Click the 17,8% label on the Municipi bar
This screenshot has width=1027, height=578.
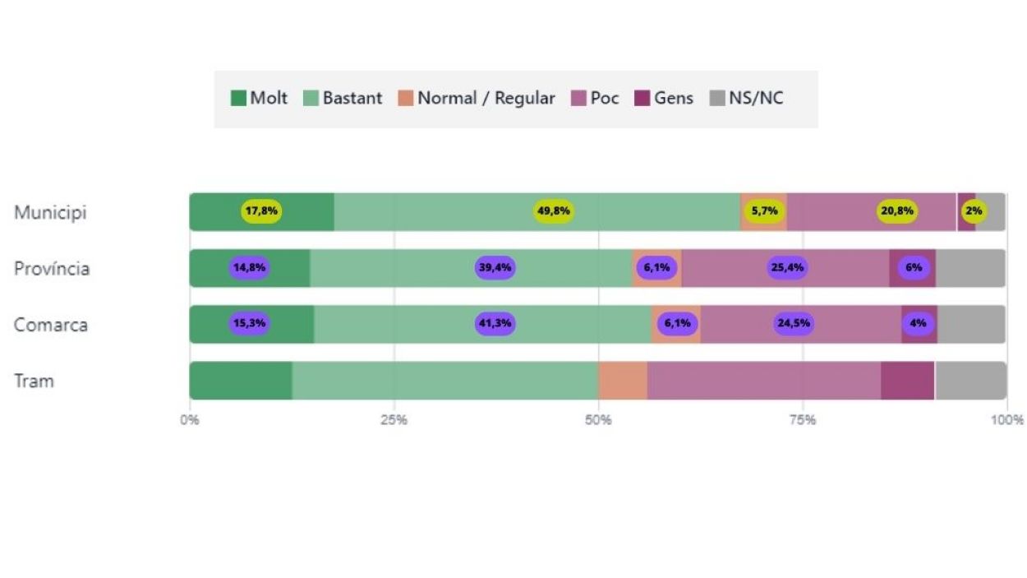coord(261,211)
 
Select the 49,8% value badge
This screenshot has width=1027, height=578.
coord(553,211)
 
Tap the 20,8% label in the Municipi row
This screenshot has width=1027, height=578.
coord(896,211)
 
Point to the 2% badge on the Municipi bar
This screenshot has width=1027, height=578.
coord(974,211)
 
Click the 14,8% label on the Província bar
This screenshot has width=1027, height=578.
coord(249,267)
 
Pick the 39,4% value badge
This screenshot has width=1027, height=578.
coord(495,267)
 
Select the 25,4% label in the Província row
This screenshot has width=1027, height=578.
coord(787,267)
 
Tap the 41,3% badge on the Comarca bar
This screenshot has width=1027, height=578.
coord(495,323)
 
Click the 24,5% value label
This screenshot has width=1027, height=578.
coord(794,323)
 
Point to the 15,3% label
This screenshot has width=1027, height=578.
coord(249,323)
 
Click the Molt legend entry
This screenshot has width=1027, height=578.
coord(260,99)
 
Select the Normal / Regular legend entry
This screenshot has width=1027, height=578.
coord(477,99)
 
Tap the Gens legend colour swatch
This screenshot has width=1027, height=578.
coord(642,99)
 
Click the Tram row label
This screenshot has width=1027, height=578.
coord(34,381)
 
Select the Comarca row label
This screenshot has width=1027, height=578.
coord(50,325)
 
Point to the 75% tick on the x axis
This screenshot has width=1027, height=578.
coord(803,420)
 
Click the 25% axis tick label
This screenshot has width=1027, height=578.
coord(394,420)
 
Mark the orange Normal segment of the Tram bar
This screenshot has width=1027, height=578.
coord(623,381)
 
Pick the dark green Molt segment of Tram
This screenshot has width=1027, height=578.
coord(241,381)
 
